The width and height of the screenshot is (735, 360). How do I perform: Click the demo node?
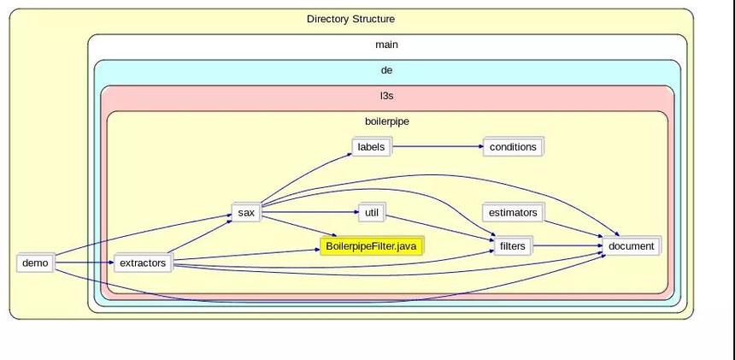tap(35, 263)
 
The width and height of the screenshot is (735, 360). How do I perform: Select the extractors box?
tap(143, 263)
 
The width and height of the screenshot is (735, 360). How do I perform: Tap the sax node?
tap(246, 212)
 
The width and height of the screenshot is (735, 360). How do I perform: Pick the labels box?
tap(371, 147)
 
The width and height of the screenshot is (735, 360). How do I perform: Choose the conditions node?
tap(513, 147)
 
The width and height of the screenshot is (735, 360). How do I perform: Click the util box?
tap(371, 212)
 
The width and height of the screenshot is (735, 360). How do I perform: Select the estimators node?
tap(513, 212)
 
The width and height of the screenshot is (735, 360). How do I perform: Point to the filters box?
tap(513, 246)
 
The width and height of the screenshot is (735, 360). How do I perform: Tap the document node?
tap(632, 246)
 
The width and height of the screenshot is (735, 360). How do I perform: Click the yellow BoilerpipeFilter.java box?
tap(372, 246)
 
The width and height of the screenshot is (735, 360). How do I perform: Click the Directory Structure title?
tap(350, 19)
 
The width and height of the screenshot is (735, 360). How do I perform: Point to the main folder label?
tap(386, 44)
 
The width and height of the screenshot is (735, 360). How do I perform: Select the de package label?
tap(386, 70)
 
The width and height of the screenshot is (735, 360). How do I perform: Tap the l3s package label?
tap(386, 96)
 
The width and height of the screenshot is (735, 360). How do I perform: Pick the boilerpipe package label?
tap(386, 121)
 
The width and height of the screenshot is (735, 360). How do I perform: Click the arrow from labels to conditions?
tap(436, 147)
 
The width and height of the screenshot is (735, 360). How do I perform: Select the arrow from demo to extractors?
tap(83, 263)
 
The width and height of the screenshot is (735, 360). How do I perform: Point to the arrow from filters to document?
tap(567, 246)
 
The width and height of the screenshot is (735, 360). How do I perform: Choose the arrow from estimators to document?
tap(573, 227)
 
